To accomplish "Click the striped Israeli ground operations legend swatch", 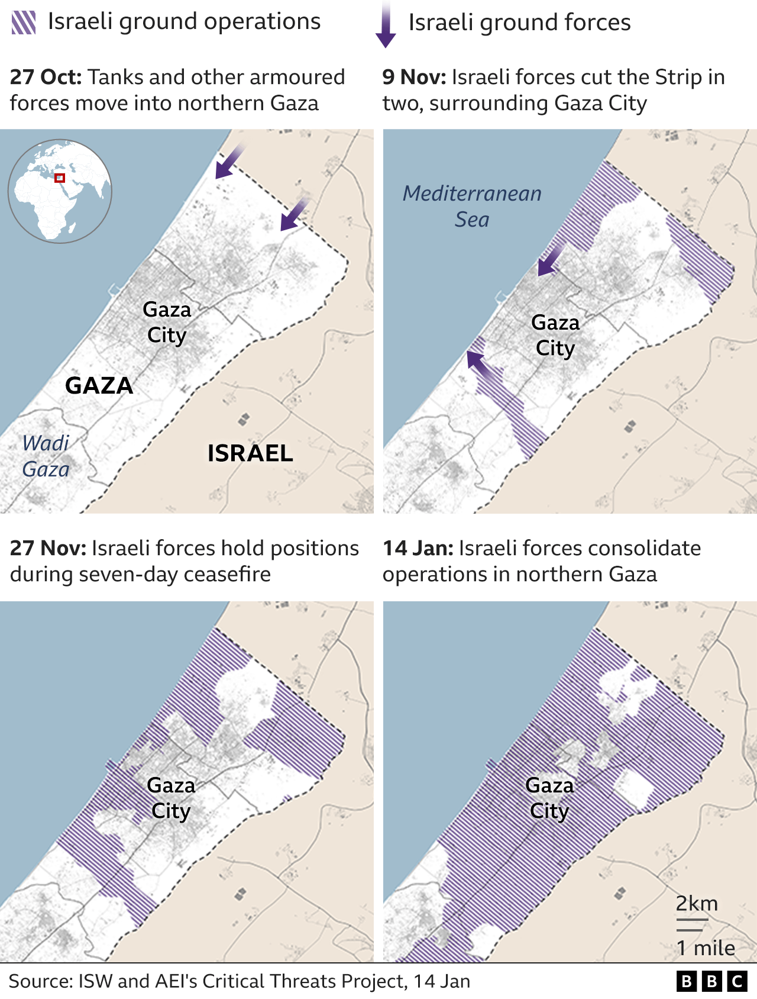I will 24,22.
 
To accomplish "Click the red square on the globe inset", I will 59,178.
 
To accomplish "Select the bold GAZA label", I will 99,385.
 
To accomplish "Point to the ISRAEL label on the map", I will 250,453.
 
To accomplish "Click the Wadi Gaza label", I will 46,456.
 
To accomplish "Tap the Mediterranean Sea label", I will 472,206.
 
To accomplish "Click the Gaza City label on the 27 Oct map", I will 167,322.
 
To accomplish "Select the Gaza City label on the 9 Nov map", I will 555,335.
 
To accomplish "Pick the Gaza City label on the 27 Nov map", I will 171,798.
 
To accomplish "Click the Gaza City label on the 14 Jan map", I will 549,798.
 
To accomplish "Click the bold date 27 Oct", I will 46,77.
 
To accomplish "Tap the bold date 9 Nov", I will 414,77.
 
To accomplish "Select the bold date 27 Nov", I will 47,548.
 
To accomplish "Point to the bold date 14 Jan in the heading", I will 418,548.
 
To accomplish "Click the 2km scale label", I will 697,904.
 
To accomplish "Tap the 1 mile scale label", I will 706,948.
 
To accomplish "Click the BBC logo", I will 711,981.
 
